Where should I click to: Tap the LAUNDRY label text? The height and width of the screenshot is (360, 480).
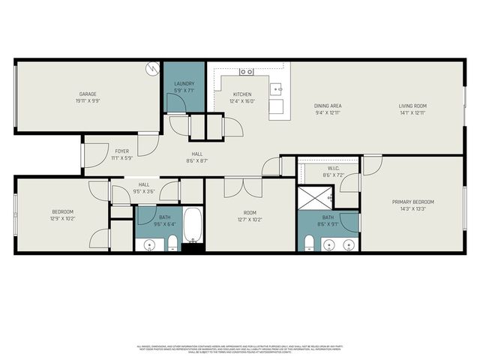tap(184, 83)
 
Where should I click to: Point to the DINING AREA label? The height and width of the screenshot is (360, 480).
tap(328, 106)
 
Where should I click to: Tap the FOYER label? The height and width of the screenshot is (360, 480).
tap(122, 151)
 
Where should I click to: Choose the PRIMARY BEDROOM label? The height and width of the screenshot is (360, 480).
tap(413, 202)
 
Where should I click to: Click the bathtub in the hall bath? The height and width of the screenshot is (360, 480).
tap(192, 226)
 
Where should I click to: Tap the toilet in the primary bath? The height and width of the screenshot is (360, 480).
tap(309, 242)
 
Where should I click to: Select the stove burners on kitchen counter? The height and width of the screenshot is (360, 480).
tap(245, 72)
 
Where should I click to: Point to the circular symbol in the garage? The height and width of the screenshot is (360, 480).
tap(154, 68)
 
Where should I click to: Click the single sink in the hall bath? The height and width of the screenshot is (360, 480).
tap(149, 244)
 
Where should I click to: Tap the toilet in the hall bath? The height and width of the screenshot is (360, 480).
tap(172, 241)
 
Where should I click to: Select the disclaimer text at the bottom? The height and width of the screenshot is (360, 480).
tap(240, 349)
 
